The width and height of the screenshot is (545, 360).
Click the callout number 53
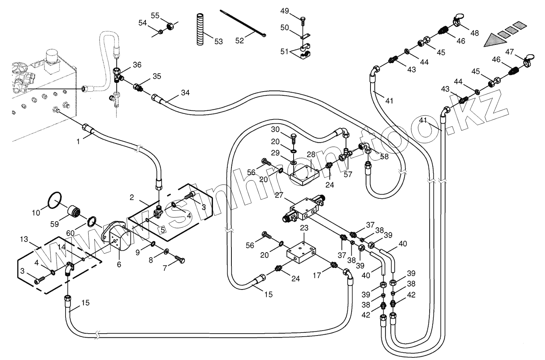[219, 41]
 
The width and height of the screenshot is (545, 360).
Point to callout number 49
[285, 11]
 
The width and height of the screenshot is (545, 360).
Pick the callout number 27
[279, 195]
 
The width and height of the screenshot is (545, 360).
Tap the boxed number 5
[162, 229]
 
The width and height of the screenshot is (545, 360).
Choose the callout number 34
[185, 93]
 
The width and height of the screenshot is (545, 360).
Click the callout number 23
[304, 228]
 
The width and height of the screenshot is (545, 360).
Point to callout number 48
[475, 33]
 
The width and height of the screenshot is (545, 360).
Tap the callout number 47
[510, 51]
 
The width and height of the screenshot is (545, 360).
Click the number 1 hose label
[78, 142]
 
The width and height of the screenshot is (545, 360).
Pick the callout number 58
[384, 156]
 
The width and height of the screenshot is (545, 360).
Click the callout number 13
[24, 239]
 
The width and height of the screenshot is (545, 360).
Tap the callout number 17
[317, 276]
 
